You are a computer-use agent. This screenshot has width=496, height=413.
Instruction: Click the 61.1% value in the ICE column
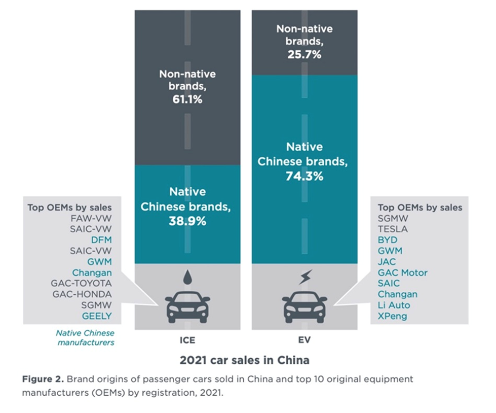tap(187, 99)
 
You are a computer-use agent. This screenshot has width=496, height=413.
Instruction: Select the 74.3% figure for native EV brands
tap(304, 176)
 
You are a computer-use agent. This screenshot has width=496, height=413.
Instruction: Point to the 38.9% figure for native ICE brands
tap(187, 221)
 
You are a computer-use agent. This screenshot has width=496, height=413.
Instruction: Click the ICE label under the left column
tap(187, 340)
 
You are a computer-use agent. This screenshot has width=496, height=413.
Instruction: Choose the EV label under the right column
tap(304, 340)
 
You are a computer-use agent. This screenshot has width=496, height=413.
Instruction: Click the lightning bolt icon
tap(305, 278)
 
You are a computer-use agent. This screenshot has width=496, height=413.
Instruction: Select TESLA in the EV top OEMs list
tap(393, 229)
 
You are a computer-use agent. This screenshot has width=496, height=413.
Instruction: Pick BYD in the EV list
tap(388, 239)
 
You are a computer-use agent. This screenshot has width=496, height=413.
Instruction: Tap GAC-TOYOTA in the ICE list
tap(81, 283)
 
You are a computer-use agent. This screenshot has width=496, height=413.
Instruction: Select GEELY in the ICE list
tap(98, 316)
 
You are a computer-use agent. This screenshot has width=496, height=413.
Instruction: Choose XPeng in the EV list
tap(393, 316)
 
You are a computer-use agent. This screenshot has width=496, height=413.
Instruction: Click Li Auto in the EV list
tap(394, 305)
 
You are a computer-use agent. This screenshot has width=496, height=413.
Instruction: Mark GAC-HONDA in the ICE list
tap(82, 294)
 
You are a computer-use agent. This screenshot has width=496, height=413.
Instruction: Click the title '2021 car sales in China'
tap(244, 361)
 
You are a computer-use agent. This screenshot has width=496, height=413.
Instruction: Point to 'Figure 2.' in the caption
tap(43, 379)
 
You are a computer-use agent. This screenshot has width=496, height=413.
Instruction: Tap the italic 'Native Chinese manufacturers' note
tap(85, 337)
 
